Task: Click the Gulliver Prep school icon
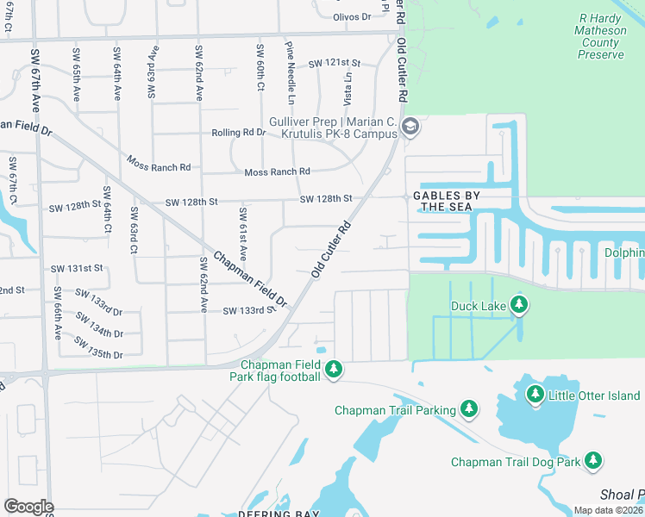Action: pos(410,128)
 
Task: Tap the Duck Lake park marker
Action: pos(518,305)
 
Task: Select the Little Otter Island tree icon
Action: pos(535,395)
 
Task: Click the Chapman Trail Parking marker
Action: pos(469,409)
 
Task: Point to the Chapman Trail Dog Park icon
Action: pos(593,461)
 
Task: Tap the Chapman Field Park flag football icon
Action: pos(334,371)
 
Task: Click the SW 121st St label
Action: pos(334,64)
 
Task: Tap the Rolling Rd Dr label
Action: pos(239,133)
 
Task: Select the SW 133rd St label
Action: pos(248,310)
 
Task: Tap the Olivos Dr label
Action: pos(352,16)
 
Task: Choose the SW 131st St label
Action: pos(76,269)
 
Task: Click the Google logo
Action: pos(28,507)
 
